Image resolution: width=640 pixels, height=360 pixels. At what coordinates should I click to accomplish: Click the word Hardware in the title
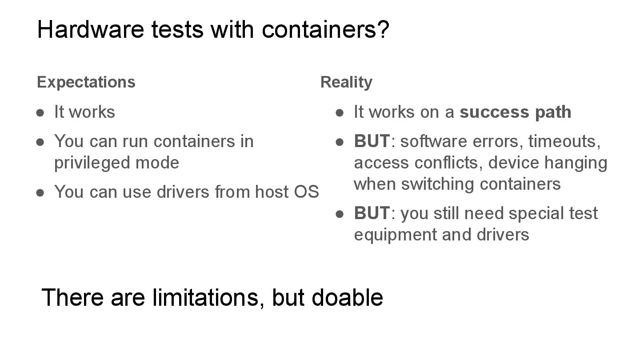(x=91, y=29)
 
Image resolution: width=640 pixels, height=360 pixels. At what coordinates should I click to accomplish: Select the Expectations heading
(x=86, y=82)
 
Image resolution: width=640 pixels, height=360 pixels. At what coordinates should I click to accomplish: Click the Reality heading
(x=346, y=82)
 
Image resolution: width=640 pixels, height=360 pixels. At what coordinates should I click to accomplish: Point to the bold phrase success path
(x=515, y=112)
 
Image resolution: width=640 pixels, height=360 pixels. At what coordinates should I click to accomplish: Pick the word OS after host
(x=306, y=192)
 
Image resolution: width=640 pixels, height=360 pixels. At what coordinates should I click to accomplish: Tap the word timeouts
(x=564, y=141)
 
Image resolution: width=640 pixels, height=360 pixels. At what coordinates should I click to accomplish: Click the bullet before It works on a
(x=340, y=112)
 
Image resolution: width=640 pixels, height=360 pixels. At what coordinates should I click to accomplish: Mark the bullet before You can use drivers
(x=40, y=192)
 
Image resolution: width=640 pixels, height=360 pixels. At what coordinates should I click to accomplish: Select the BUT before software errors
(x=372, y=141)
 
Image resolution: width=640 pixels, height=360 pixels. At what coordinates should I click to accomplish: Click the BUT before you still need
(x=372, y=213)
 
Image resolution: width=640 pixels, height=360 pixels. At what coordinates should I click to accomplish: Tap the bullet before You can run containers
(x=40, y=142)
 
